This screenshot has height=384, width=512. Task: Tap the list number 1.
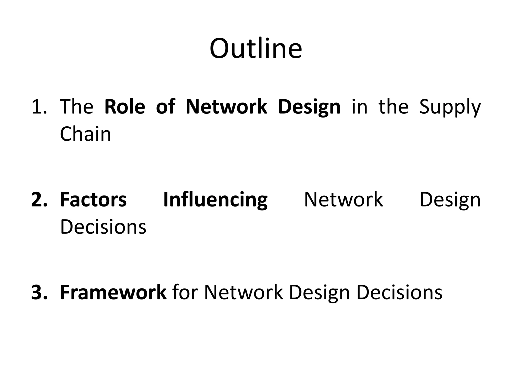click(x=39, y=107)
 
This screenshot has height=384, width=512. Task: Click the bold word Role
click(x=124, y=107)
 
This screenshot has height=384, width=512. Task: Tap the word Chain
click(x=85, y=134)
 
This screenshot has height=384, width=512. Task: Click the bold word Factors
click(x=93, y=200)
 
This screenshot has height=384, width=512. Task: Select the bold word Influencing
click(x=215, y=200)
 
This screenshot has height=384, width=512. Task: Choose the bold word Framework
click(x=113, y=292)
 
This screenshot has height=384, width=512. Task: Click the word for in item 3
click(x=185, y=292)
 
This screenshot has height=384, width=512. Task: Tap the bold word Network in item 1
click(x=226, y=107)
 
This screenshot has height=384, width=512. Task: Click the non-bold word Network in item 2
click(x=343, y=200)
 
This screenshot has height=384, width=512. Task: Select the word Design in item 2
click(x=450, y=200)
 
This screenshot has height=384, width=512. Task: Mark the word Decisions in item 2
click(x=103, y=227)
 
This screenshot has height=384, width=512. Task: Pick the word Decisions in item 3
click(x=399, y=292)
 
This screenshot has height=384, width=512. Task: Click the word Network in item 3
click(x=244, y=292)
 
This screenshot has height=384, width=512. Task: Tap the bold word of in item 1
click(x=165, y=107)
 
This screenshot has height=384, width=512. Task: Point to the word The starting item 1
click(x=76, y=107)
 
